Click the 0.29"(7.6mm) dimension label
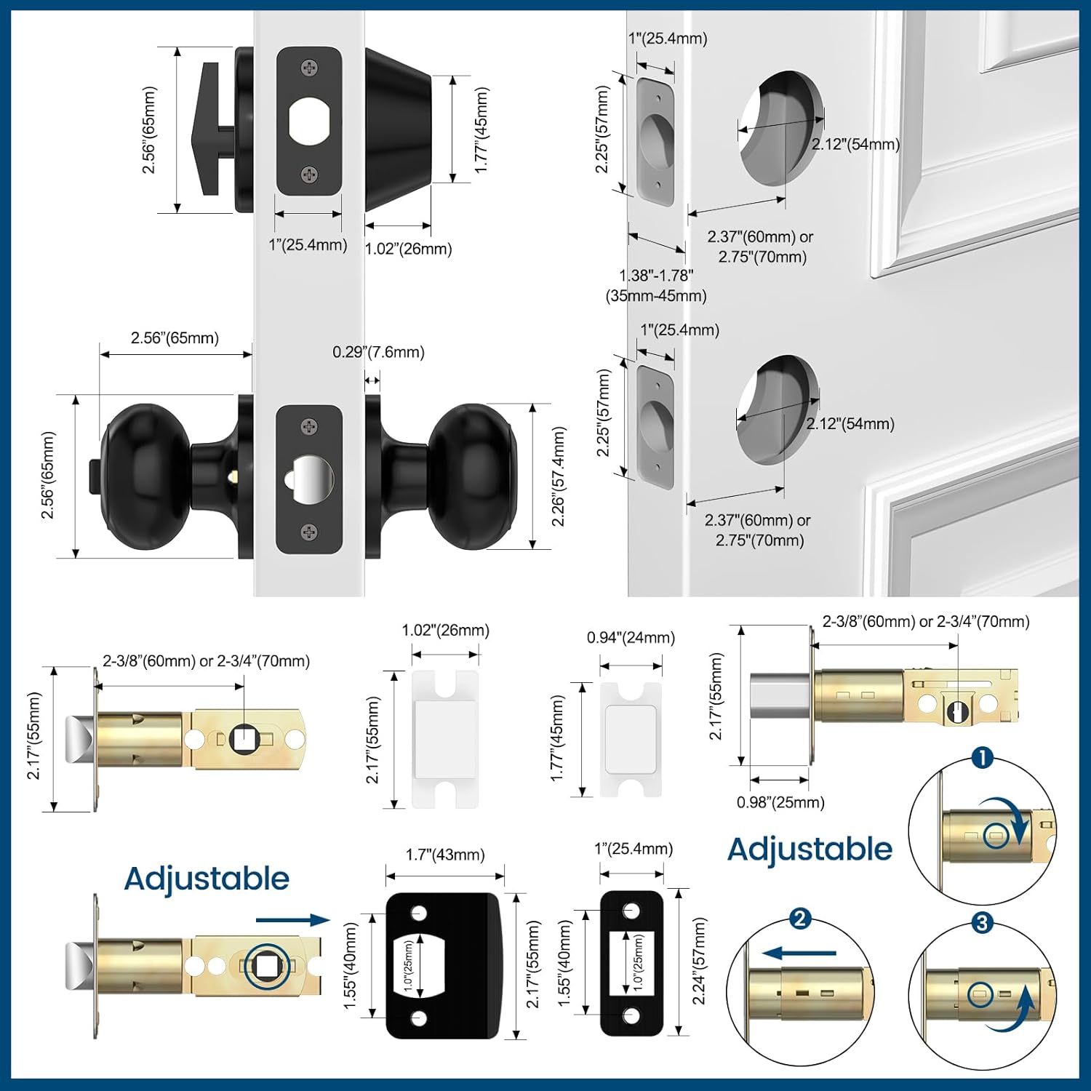378,352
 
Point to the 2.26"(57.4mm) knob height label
558,476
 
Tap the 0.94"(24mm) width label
631,638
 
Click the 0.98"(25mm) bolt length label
780,802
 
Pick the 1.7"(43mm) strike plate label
445,855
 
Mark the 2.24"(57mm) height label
699,961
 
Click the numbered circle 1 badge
982,758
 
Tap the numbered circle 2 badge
799,919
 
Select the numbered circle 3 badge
982,923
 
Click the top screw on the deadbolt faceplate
309,68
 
